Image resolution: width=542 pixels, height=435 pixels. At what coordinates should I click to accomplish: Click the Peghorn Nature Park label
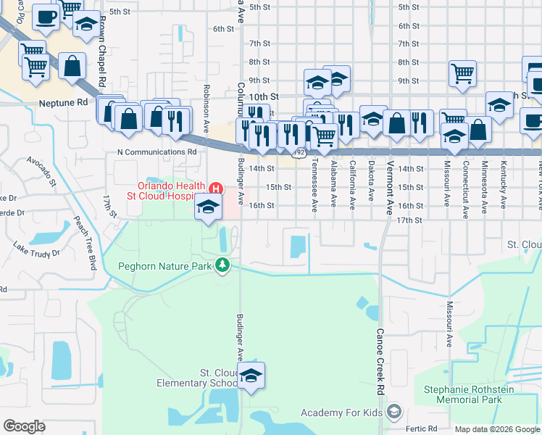coord(164,266)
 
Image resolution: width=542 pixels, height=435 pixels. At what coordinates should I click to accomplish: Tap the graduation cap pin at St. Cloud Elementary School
coord(251,376)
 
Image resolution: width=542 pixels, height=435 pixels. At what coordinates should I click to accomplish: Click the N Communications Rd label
coord(157,152)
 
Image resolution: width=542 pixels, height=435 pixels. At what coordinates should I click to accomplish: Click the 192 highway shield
coord(300,152)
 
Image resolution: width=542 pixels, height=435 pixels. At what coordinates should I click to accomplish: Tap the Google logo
coord(25,426)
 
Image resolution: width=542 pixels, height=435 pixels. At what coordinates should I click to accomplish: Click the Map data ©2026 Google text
coord(496,429)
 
